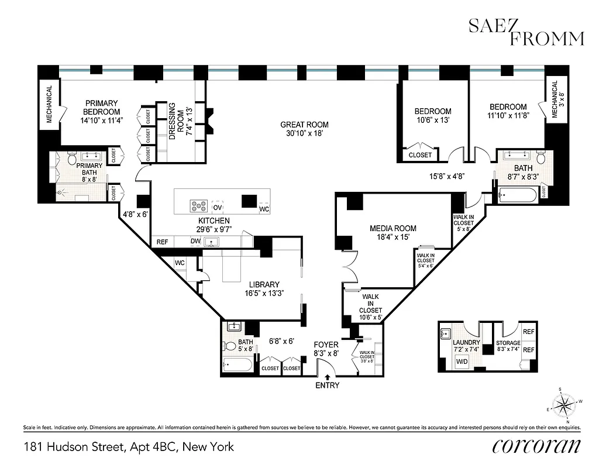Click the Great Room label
coord(304,125)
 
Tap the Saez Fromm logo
coord(526,32)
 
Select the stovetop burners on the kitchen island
coord(199,205)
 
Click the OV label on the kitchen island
coord(218,207)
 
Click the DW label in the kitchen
coord(195,241)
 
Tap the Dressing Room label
coord(176,120)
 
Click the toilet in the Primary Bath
coord(73,159)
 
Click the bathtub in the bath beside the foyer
coord(237,366)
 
